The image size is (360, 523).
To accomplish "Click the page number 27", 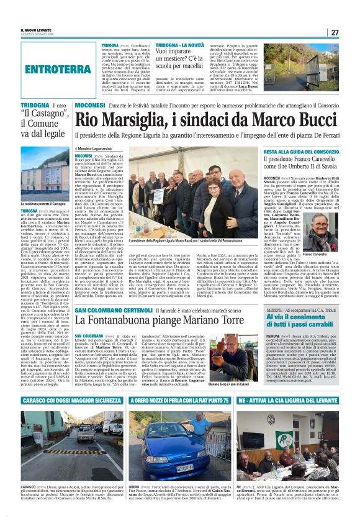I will [x=334, y=32].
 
